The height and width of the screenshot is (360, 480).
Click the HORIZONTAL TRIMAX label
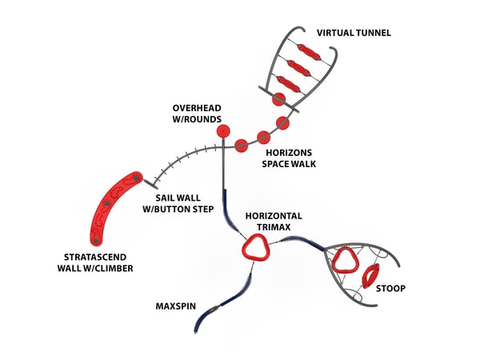(x=274, y=222)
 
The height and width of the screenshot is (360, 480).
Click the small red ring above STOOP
(x=370, y=276)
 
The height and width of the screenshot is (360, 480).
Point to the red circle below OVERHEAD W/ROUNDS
(x=223, y=130)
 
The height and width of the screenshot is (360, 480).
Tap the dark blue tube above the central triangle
(x=229, y=209)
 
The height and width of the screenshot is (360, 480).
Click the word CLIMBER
(x=111, y=268)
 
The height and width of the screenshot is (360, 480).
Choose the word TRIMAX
(x=274, y=227)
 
